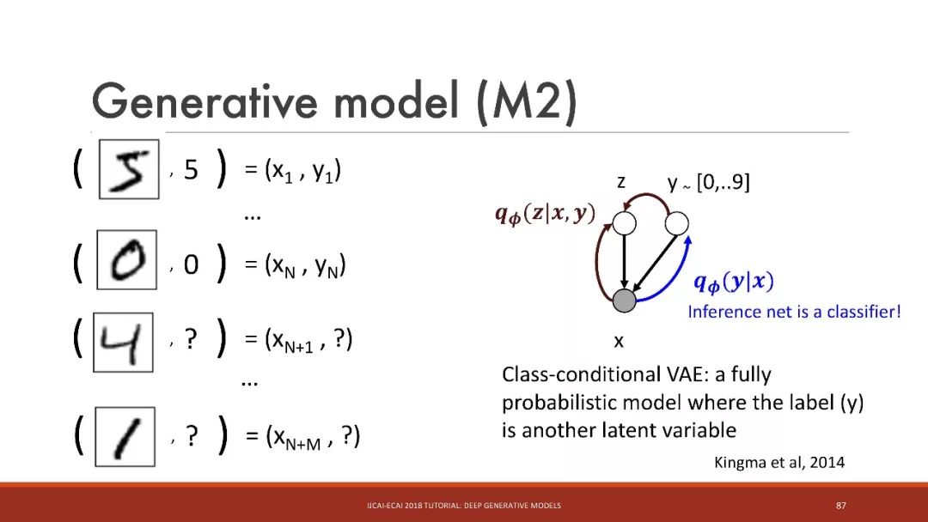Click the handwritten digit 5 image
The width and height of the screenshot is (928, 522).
coord(129,169)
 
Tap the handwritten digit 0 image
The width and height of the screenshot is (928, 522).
coord(126,259)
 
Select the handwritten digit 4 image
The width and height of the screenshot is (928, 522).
coord(123,343)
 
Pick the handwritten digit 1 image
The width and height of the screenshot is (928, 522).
coord(125,436)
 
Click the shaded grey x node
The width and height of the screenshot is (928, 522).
coord(624,300)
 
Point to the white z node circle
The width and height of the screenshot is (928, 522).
coord(624,223)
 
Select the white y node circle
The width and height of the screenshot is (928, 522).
coord(676,223)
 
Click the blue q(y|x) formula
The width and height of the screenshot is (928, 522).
coord(734,282)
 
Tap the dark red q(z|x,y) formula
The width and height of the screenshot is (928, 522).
coord(545,214)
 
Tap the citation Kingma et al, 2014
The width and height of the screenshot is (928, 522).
coord(778,462)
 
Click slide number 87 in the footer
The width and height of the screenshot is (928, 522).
coord(841,506)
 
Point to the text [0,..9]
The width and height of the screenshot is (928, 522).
coord(723,182)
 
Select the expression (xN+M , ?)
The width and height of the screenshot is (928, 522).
coord(313,437)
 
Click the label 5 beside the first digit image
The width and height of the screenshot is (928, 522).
coord(191,170)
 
